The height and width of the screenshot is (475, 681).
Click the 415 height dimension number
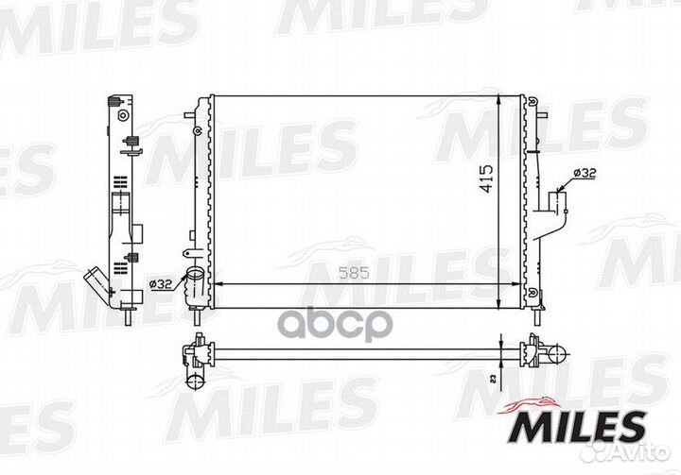point(486,178)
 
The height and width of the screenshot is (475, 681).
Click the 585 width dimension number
point(354,273)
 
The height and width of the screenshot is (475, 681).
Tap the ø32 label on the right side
point(585,173)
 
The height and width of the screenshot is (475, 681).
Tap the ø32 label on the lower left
point(161,284)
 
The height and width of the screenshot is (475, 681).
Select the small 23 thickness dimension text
point(493,380)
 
